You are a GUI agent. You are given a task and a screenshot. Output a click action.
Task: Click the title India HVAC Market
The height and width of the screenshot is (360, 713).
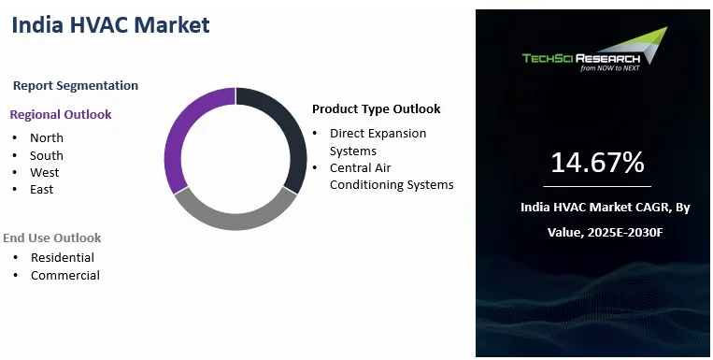[110, 25]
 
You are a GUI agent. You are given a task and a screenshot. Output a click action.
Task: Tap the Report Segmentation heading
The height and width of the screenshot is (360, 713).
[76, 86]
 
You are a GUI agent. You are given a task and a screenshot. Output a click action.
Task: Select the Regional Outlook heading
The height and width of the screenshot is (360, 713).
[61, 115]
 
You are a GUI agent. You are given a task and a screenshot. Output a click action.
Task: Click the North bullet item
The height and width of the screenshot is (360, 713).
[47, 137]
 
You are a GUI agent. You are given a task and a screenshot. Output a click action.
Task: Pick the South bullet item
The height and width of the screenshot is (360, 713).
[47, 155]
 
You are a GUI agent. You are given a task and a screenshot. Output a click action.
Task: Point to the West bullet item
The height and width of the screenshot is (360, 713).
[45, 172]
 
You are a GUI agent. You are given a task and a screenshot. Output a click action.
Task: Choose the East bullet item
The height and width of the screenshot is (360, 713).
[42, 189]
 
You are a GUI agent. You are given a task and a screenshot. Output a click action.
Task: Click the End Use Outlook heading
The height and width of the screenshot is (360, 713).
[52, 238]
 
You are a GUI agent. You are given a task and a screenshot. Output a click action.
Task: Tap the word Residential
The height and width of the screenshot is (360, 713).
[63, 257]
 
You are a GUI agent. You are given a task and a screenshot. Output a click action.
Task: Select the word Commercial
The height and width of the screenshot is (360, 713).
[65, 275]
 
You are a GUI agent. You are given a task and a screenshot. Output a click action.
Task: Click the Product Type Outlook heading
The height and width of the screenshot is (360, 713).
[376, 109]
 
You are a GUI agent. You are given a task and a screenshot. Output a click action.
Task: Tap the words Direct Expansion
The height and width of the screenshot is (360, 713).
[378, 134]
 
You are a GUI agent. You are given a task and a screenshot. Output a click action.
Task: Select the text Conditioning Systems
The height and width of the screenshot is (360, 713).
[392, 185]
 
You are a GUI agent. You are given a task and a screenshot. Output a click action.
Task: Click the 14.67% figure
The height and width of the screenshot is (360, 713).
[597, 163]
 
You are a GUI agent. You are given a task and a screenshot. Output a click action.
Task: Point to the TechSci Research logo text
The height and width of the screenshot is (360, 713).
[581, 58]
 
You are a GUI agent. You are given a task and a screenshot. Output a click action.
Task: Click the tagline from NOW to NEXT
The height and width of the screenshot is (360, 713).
[610, 68]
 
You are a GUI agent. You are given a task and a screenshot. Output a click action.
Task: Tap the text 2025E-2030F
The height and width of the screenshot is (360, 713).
[625, 233]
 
